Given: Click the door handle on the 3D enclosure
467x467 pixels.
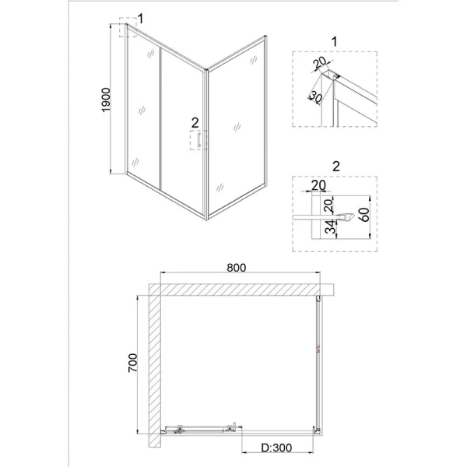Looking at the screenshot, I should click(200, 141).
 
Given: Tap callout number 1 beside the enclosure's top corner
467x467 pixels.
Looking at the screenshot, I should click(141, 18).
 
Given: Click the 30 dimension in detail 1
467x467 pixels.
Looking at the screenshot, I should click(314, 97).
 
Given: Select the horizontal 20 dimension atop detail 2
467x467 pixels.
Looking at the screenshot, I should click(317, 184).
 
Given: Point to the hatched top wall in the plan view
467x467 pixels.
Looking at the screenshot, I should click(241, 290).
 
